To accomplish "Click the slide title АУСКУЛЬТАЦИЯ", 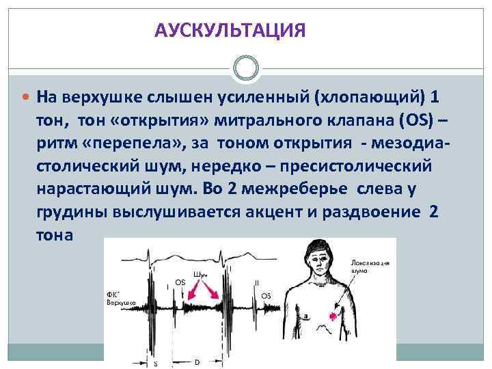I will tap(229, 31).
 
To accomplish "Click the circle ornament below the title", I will tap(246, 69).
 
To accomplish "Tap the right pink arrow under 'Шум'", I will tap(215, 294).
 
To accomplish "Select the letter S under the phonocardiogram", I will tap(155, 363).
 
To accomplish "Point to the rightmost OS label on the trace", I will tap(266, 295).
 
